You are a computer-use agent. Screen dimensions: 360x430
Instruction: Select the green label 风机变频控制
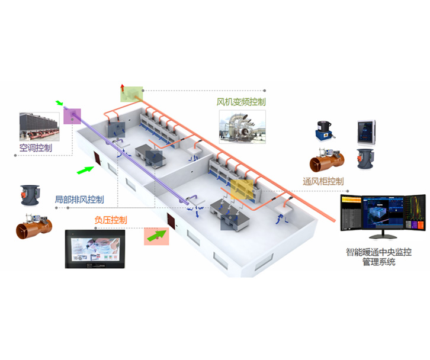coord(240,102)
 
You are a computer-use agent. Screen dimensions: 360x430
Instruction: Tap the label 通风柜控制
coord(323,182)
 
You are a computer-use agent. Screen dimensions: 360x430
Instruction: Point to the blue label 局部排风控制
coord(79,200)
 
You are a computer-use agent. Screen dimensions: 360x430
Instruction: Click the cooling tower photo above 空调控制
coord(38,126)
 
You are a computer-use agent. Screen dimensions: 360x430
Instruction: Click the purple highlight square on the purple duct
coord(71,115)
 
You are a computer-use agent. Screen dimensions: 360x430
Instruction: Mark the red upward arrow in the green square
coord(123,91)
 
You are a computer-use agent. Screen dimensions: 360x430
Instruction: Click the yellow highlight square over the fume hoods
coord(242,189)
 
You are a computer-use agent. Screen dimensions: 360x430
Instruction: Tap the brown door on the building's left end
coord(97,158)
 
